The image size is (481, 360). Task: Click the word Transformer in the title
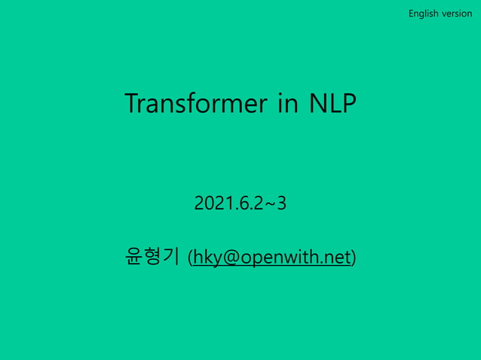[196, 104]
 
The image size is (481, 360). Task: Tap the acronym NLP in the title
[332, 104]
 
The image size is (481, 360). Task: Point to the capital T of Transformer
[132, 104]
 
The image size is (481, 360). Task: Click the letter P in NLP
[348, 104]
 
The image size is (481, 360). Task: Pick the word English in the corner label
[423, 14]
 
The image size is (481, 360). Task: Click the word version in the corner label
[457, 14]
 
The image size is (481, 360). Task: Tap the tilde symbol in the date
[269, 203]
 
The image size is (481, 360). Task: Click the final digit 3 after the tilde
[281, 203]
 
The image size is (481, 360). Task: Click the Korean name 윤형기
[152, 257]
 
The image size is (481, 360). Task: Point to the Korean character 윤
[134, 257]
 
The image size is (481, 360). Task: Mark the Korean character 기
[170, 257]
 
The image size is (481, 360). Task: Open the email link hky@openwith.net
[272, 258]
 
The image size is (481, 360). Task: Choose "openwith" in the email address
[283, 258]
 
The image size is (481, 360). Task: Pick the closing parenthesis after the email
[354, 258]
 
